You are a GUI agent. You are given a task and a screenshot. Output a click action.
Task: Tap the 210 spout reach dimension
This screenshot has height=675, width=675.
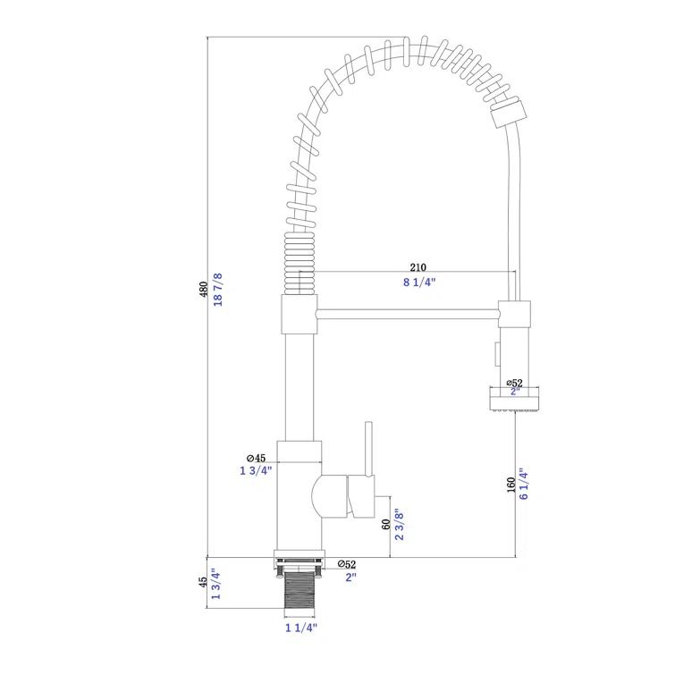[x=418, y=267]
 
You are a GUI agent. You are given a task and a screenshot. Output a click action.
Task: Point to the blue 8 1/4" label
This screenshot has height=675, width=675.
[x=418, y=283]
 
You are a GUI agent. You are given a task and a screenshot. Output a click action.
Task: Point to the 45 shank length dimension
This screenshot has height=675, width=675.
[x=203, y=581]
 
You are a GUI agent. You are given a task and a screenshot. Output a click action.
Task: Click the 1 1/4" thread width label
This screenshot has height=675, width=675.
[x=300, y=629]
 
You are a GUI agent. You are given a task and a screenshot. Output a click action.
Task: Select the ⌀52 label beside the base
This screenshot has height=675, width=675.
[x=347, y=564]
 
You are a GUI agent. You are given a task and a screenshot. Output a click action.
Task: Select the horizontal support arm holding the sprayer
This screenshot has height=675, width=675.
[x=407, y=313]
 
